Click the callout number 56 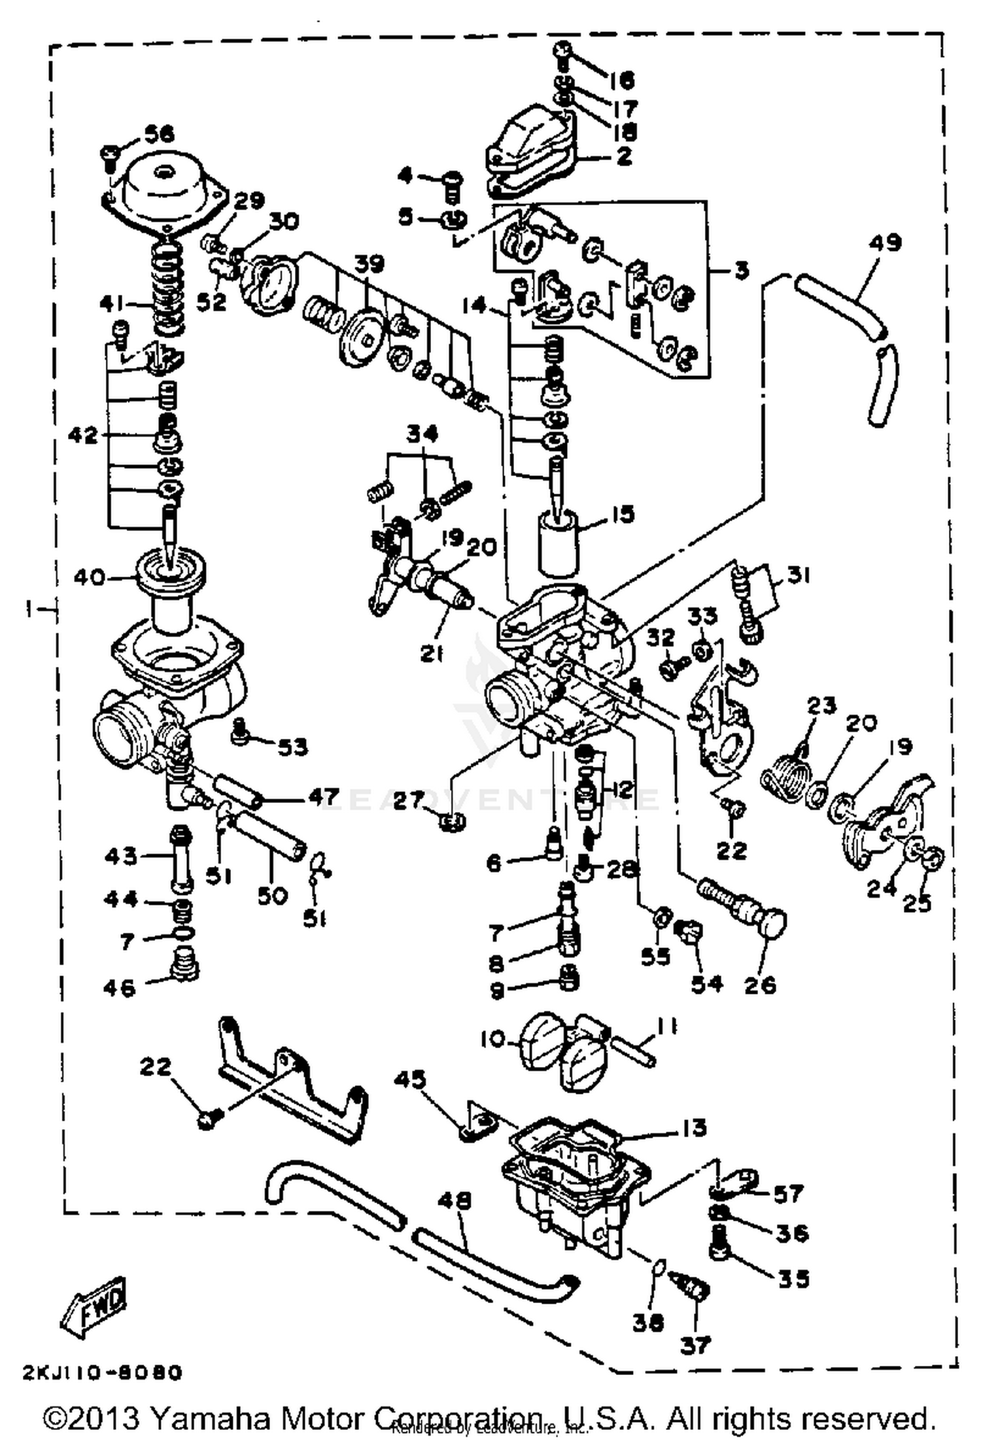point(159,135)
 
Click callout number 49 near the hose point(885,243)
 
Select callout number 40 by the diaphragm point(88,577)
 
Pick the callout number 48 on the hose point(462,1201)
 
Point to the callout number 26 point(760,985)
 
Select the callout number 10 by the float point(494,1038)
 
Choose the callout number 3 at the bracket point(740,271)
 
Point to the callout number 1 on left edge point(29,609)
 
